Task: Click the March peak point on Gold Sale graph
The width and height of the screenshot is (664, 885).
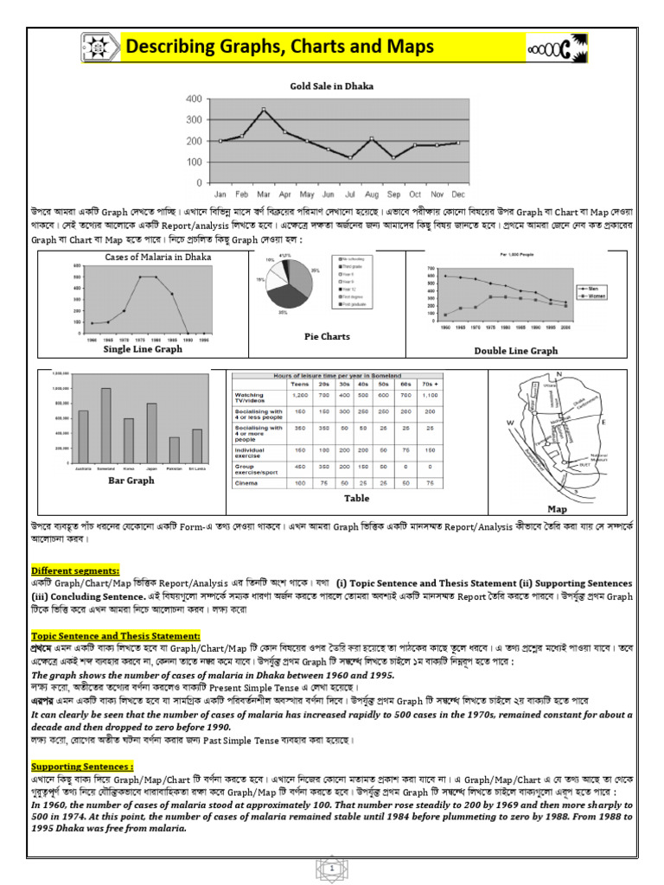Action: [x=263, y=110]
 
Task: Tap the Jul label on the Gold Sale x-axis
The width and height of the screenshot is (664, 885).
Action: [x=349, y=194]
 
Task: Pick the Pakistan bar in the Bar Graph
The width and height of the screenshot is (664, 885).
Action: [x=174, y=449]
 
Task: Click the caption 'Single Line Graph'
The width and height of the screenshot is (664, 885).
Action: [x=143, y=349]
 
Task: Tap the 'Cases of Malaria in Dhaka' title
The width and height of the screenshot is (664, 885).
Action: [x=157, y=257]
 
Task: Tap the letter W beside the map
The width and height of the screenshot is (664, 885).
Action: [x=509, y=422]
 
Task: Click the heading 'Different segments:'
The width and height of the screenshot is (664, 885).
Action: [x=76, y=570]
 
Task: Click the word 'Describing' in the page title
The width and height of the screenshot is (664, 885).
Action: [x=179, y=46]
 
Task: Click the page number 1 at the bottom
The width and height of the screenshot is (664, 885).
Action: [x=331, y=865]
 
